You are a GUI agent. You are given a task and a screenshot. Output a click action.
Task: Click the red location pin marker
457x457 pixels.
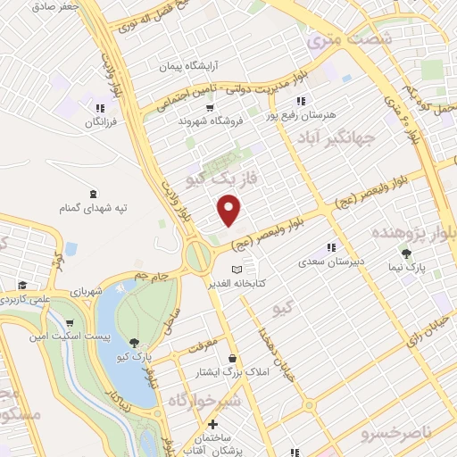point(230,210)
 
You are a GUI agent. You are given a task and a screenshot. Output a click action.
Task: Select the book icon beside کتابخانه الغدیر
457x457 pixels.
point(237,270)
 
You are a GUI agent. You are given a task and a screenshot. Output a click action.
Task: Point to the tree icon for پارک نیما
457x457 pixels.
point(408,253)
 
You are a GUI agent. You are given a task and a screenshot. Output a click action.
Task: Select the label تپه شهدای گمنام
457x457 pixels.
point(94,208)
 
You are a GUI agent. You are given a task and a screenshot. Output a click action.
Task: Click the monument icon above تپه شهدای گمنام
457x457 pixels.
point(94,193)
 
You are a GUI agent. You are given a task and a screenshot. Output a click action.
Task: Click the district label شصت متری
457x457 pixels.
point(349,39)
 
